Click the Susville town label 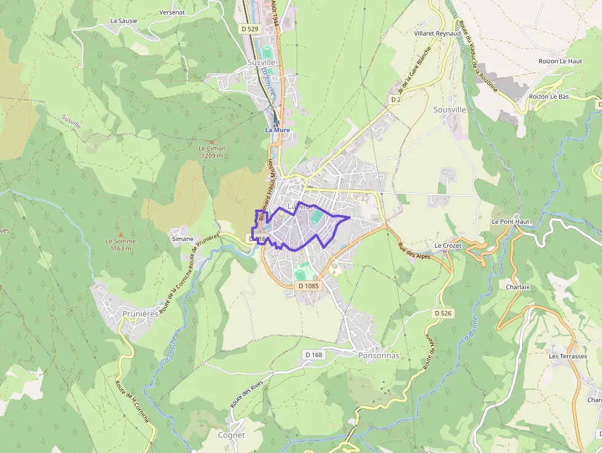261,63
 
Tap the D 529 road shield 251,29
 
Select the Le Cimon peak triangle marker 212,141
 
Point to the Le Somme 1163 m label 120,245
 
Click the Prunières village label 140,313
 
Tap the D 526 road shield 443,313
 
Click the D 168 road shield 313,355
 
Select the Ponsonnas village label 378,356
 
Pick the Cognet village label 231,435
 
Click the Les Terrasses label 568,356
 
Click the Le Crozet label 447,245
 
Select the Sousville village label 450,109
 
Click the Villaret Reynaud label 437,33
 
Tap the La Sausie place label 123,20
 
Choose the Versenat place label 172,12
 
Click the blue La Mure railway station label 277,130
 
